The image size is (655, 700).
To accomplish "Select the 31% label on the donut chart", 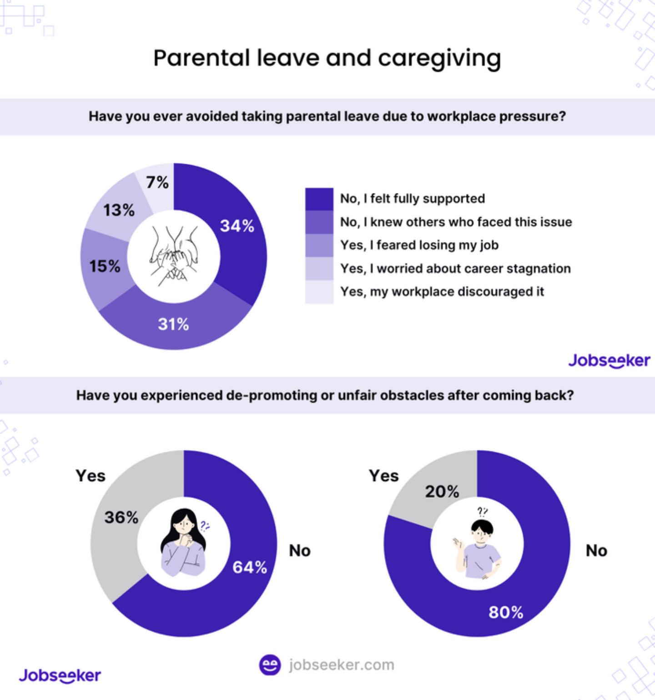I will (x=173, y=324).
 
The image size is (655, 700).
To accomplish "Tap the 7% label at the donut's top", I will (x=157, y=183).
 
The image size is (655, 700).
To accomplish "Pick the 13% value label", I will (x=119, y=210).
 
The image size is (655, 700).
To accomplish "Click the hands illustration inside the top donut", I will (x=174, y=256).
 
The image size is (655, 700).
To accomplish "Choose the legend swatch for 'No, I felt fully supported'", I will (x=319, y=199).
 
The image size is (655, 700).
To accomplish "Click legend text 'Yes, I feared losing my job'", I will (x=419, y=245).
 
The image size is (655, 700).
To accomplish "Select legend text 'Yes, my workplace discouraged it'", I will (x=442, y=292).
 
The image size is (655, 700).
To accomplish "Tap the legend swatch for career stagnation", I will (x=319, y=269).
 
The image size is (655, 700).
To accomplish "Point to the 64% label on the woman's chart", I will (x=250, y=567).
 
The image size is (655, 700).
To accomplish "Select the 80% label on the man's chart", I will (x=506, y=612).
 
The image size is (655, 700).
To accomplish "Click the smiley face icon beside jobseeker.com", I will (x=270, y=665).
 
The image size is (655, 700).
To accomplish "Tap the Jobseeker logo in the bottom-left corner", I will (x=60, y=675).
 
